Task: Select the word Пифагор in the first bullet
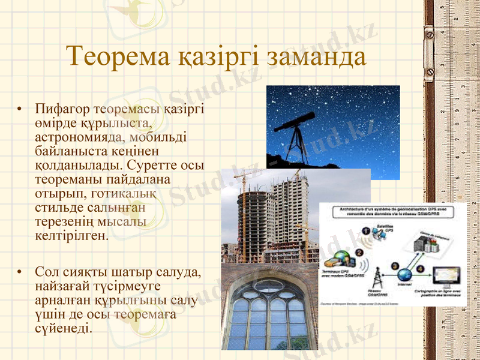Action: [62, 109]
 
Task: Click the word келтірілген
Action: [73, 235]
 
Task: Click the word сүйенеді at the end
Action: [64, 328]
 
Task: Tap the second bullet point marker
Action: [21, 273]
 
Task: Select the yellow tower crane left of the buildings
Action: [244, 210]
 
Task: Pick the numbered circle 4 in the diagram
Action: [419, 268]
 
